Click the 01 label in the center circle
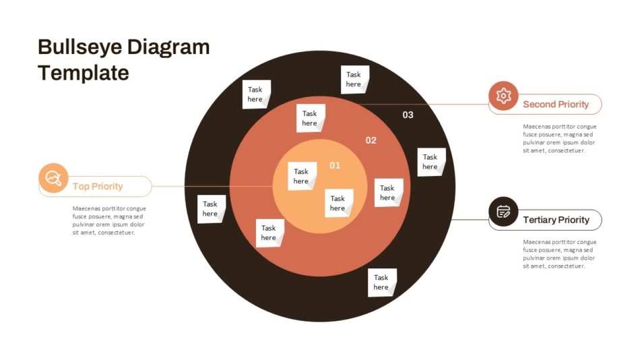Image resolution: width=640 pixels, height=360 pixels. click(x=335, y=165)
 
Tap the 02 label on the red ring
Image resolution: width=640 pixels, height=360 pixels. click(x=371, y=141)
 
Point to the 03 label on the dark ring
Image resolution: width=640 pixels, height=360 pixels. click(x=408, y=115)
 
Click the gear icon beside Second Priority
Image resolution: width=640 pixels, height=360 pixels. click(x=503, y=96)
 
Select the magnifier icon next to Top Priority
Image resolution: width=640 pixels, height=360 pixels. click(x=53, y=178)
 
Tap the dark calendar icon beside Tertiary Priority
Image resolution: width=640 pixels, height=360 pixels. click(x=503, y=212)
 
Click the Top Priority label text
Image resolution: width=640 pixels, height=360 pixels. click(x=98, y=186)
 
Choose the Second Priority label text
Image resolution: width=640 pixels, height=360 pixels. click(x=556, y=104)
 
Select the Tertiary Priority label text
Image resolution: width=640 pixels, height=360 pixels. click(x=556, y=220)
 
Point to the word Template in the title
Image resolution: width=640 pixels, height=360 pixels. click(x=84, y=73)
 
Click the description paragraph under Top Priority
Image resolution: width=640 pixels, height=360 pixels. click(x=109, y=220)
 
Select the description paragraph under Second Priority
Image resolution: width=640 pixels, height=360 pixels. click(x=560, y=138)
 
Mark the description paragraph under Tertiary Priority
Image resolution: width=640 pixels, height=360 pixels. click(x=560, y=253)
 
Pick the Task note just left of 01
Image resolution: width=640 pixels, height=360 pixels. click(x=302, y=176)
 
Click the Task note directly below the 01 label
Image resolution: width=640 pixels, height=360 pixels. click(x=339, y=203)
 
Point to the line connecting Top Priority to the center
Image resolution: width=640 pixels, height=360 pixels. click(x=212, y=186)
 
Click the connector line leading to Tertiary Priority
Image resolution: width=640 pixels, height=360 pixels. click(x=470, y=219)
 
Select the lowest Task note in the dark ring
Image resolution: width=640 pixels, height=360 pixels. click(x=382, y=282)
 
